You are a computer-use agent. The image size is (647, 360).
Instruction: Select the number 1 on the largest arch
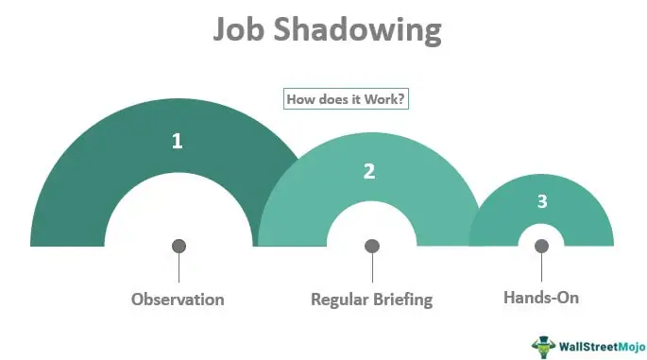(177, 142)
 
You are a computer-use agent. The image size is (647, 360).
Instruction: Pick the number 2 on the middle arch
(369, 171)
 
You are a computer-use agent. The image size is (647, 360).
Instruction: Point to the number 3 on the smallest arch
(541, 201)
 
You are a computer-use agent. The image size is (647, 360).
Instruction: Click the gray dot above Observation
(179, 246)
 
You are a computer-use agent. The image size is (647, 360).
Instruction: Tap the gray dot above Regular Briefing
(372, 246)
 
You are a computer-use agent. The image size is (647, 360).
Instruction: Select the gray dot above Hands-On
(541, 246)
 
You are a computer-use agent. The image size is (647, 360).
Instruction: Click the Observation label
(178, 300)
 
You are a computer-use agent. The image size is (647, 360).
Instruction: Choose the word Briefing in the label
(403, 300)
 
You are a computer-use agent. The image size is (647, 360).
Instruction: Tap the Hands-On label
(541, 298)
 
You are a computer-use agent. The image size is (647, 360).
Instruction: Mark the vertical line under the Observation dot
(179, 268)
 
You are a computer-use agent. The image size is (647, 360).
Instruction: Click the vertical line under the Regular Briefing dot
(372, 268)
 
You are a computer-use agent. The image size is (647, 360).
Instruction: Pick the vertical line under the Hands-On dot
(541, 267)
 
